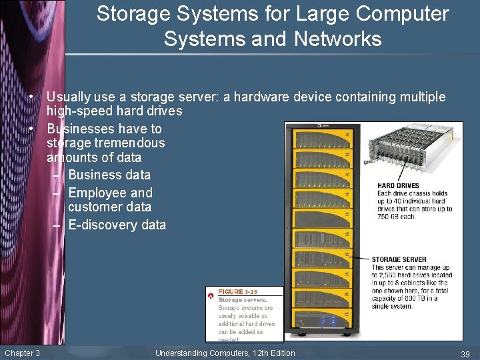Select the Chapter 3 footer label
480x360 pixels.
coord(22,353)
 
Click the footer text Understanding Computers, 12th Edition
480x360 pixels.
coord(225,353)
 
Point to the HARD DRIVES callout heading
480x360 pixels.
coord(398,185)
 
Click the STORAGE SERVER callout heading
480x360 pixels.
coord(399,259)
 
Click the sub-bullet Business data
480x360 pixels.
coord(109,175)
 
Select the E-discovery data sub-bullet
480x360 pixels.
coord(117,225)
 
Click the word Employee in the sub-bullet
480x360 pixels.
coord(98,193)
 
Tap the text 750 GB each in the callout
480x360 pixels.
coord(397,216)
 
